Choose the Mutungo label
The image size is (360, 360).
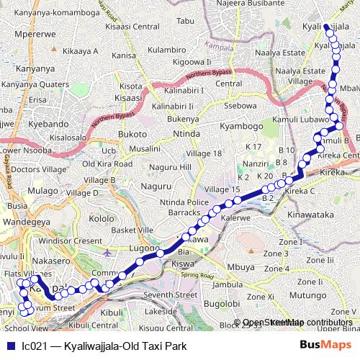[310, 294]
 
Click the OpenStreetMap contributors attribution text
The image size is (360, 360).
[297, 323]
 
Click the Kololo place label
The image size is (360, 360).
[102, 218]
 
